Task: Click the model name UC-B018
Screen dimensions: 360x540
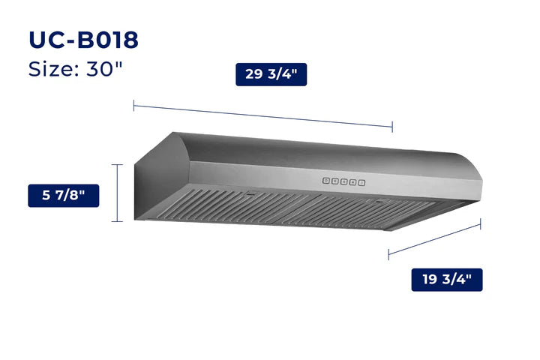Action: click(82, 40)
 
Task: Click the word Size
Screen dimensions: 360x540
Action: click(52, 69)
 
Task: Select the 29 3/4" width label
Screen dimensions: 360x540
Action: click(271, 73)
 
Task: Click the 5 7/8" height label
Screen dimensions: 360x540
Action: click(64, 196)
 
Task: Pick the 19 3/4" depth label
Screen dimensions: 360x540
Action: click(446, 280)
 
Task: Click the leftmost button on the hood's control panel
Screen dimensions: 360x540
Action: click(327, 181)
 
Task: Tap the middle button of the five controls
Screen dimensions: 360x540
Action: click(344, 181)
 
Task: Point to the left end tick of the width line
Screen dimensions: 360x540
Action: click(134, 106)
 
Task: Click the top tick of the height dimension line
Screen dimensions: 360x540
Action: click(117, 164)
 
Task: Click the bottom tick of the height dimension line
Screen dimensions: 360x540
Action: click(117, 221)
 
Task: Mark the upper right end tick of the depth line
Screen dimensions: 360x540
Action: click(481, 223)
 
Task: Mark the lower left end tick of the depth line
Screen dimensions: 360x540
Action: click(388, 254)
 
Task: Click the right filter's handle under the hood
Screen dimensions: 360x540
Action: click(379, 202)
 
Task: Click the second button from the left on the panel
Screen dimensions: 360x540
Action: click(335, 181)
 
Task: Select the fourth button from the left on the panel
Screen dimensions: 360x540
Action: click(353, 181)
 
